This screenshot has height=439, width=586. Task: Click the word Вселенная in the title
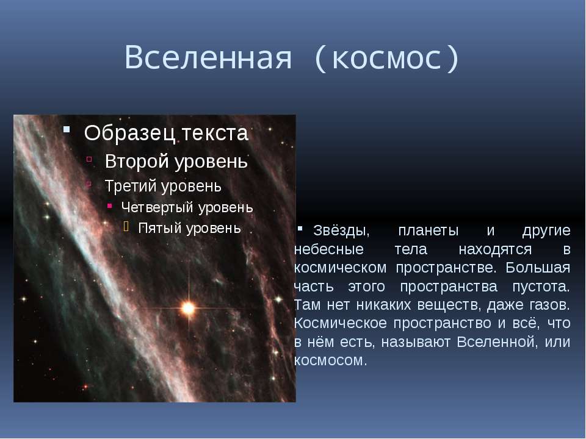208,58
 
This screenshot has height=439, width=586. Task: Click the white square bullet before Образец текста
67,129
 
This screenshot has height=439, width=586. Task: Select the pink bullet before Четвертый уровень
109,205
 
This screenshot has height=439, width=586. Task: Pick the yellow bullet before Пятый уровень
126,226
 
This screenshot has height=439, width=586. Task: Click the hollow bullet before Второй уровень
89,159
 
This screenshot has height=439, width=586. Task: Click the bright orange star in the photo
188,309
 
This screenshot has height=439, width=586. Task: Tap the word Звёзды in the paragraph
341,230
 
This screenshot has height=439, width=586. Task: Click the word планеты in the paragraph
429,231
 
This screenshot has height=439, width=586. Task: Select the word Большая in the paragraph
538,268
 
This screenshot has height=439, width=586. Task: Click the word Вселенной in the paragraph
497,342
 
